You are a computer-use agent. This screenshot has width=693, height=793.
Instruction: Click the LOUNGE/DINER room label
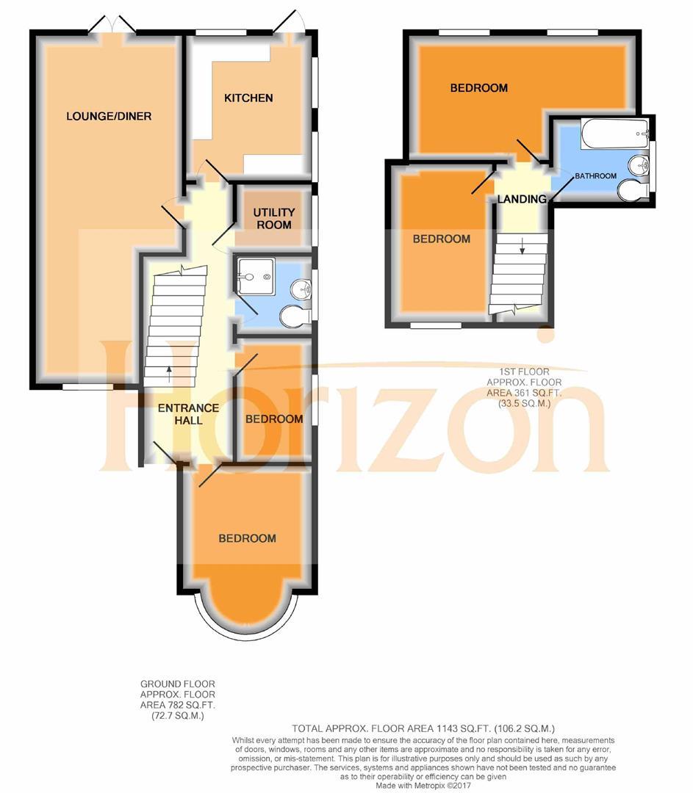click(x=109, y=116)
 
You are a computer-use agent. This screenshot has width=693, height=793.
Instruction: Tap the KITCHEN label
click(x=248, y=98)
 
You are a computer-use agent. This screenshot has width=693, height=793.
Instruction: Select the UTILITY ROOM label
click(x=272, y=218)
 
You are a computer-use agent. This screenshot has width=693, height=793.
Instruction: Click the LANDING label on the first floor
click(x=522, y=199)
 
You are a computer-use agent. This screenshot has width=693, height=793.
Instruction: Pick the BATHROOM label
click(x=595, y=176)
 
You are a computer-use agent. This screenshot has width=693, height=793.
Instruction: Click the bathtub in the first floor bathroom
click(x=614, y=135)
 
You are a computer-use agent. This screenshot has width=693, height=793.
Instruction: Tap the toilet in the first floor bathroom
click(x=631, y=190)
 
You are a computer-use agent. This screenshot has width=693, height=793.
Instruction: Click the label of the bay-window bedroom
click(x=248, y=538)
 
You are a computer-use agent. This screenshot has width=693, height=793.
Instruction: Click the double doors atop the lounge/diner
click(x=112, y=26)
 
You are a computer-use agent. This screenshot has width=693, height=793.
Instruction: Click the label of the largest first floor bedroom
click(x=478, y=88)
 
